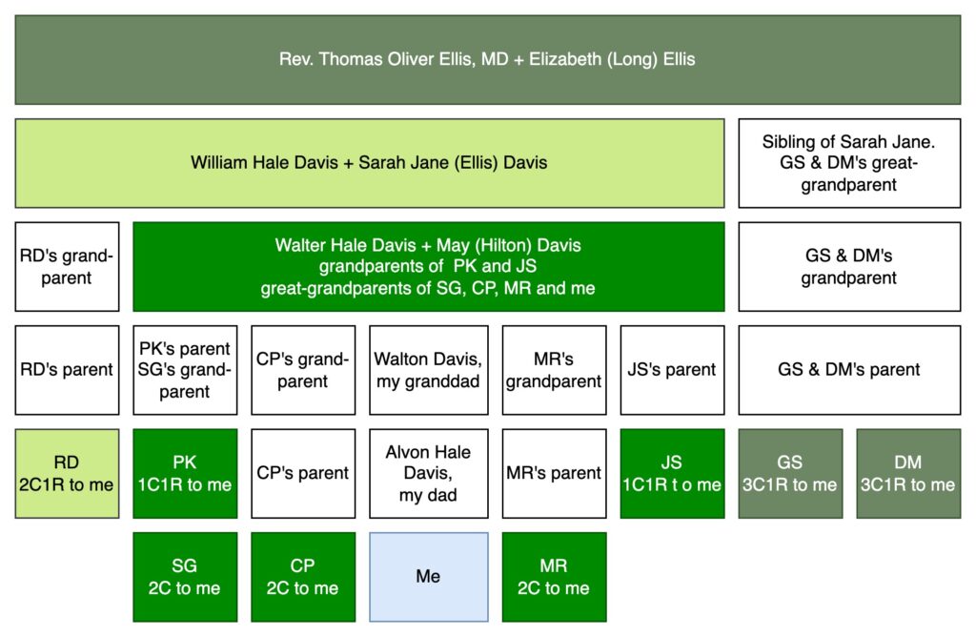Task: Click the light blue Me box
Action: point(428,577)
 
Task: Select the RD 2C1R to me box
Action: point(67,473)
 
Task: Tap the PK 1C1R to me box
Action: point(185,473)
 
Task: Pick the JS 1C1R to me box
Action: point(672,473)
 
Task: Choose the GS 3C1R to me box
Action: point(790,473)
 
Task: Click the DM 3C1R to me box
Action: point(908,473)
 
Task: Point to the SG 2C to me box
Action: point(185,577)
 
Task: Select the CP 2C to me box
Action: point(303,577)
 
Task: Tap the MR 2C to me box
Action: point(554,577)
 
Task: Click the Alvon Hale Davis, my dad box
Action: point(428,473)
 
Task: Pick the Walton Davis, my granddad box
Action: point(428,370)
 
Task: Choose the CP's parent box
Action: point(303,473)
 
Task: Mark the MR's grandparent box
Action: point(554,370)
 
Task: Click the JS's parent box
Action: point(672,370)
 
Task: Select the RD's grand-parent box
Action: point(67,266)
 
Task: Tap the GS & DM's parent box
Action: point(849,370)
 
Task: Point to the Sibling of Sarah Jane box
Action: point(849,163)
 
